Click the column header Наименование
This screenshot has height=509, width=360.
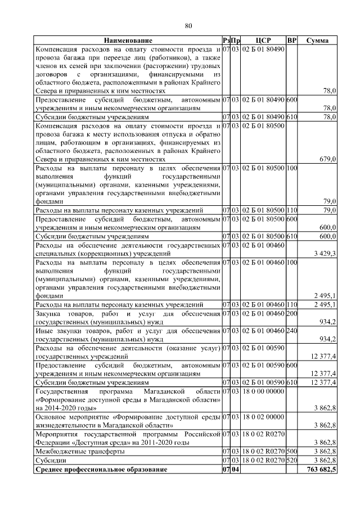[128, 41]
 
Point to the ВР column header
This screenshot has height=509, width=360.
[291, 41]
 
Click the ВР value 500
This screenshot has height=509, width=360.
[291, 451]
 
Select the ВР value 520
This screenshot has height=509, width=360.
[291, 460]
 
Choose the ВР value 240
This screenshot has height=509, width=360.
[291, 331]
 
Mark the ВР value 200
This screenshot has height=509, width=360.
[291, 313]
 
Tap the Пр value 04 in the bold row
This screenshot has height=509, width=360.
[236, 469]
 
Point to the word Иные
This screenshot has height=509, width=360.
[45, 331]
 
